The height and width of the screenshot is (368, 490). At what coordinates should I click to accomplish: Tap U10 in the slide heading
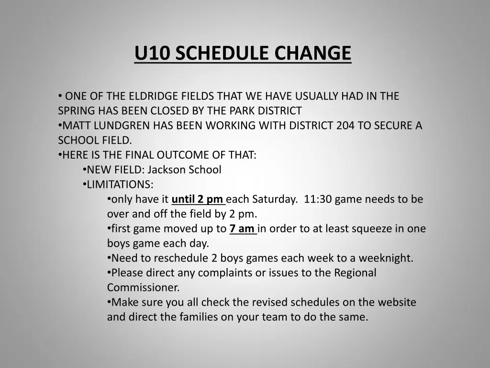tap(152, 53)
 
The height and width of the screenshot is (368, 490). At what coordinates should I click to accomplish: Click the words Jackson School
tap(185, 170)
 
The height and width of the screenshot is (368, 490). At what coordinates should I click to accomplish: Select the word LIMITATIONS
tap(120, 184)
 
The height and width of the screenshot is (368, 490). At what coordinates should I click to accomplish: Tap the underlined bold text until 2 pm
tap(198, 199)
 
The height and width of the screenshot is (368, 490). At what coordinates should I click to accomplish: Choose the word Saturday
tap(275, 199)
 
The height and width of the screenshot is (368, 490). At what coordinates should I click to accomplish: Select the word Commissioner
tap(143, 287)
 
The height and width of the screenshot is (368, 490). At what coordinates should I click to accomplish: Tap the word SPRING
tap(76, 111)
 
